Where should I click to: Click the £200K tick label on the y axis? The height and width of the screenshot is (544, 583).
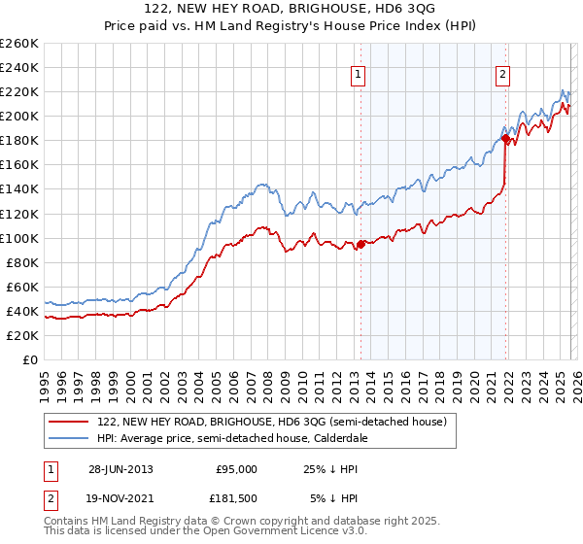tap(19, 116)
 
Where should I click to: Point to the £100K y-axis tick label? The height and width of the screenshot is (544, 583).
tap(19, 238)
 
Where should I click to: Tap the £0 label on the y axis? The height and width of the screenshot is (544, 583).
tap(30, 359)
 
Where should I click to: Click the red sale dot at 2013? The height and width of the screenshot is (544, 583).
tap(360, 244)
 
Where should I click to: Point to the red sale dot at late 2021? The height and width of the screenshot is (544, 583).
tap(505, 138)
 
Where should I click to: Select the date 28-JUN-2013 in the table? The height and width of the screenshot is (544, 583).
tap(120, 469)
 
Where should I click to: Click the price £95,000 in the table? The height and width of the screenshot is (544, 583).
tap(236, 469)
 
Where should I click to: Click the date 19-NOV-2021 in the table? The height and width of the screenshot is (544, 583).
tap(120, 498)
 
